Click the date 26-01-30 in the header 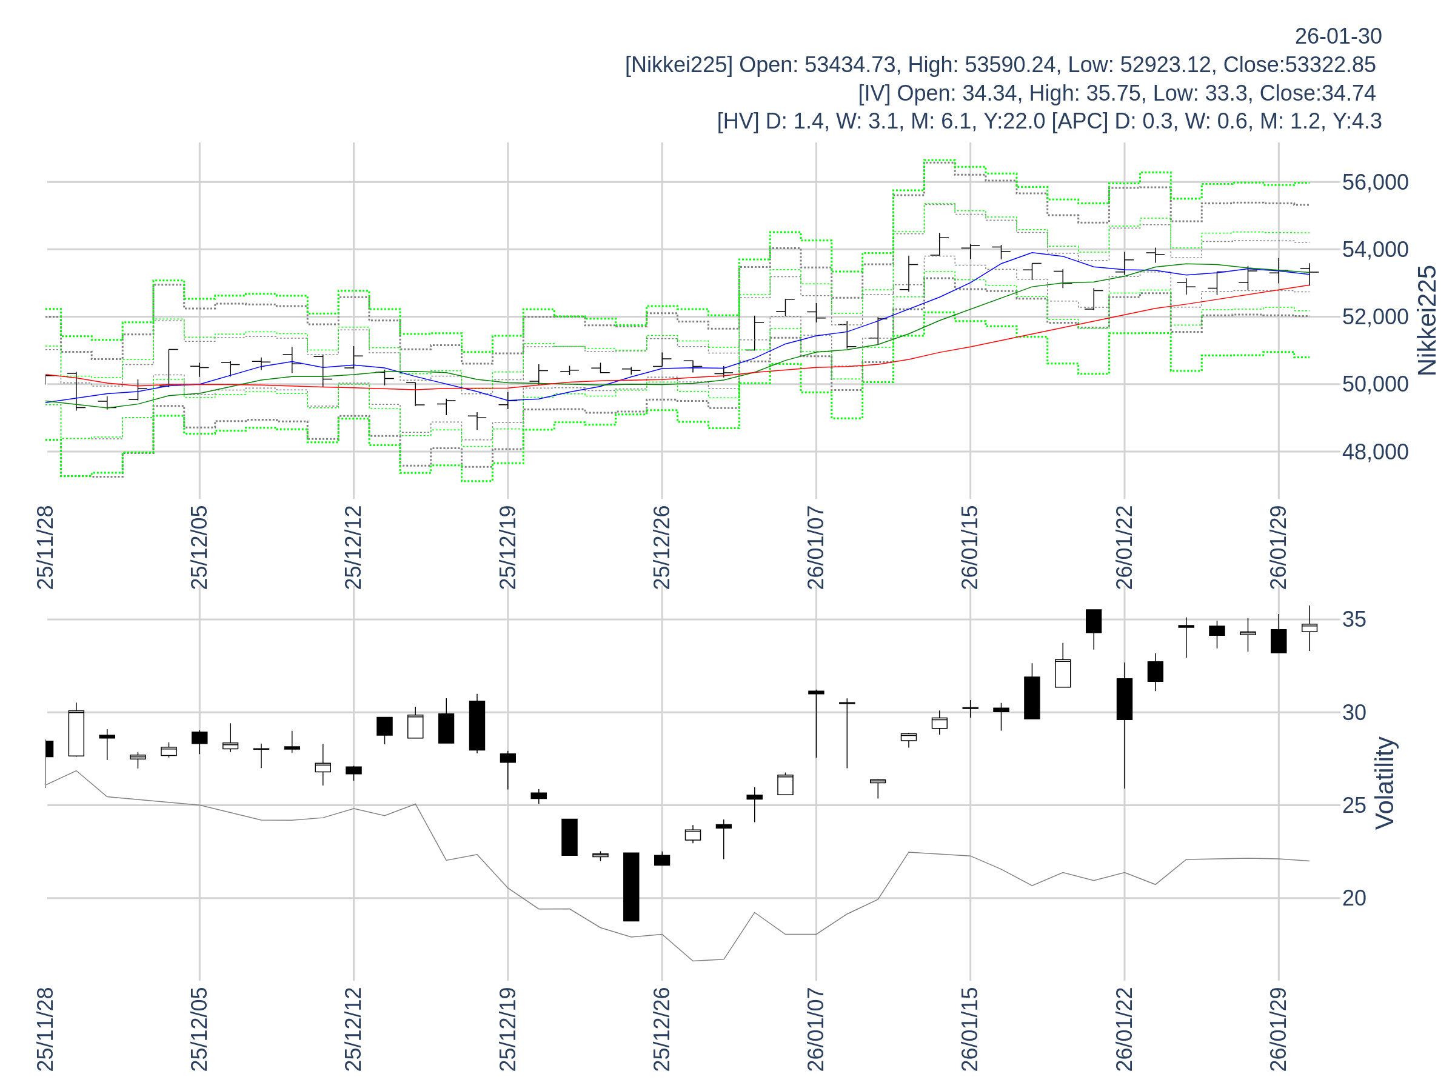click(x=1338, y=36)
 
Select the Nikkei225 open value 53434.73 click(x=850, y=65)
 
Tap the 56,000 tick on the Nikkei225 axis click(x=1375, y=182)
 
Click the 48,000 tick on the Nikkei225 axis click(x=1375, y=452)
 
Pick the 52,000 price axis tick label click(x=1375, y=317)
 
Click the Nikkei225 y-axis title click(x=1427, y=321)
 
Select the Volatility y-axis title click(x=1384, y=782)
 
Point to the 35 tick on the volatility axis click(x=1354, y=619)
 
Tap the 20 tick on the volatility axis click(x=1354, y=898)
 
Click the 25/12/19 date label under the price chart click(x=508, y=547)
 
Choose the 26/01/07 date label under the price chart click(x=815, y=547)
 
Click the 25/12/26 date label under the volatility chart click(x=662, y=1029)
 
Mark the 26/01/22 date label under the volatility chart click(x=1124, y=1029)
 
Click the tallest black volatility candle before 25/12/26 click(x=631, y=887)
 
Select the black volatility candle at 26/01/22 click(x=1124, y=699)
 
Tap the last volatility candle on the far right click(x=1309, y=628)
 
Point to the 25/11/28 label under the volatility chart click(x=45, y=1029)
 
